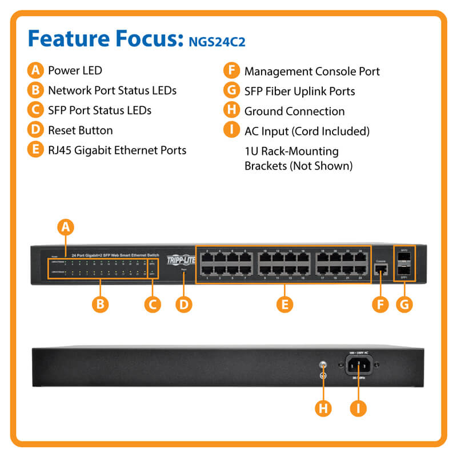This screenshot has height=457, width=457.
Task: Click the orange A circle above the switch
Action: pyautogui.click(x=66, y=227)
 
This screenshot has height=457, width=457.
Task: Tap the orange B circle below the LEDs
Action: pyautogui.click(x=101, y=304)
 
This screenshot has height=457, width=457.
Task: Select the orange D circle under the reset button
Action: pyautogui.click(x=183, y=304)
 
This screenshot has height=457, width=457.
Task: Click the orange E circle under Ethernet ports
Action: pyautogui.click(x=284, y=304)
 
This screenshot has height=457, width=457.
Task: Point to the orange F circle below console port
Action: pyautogui.click(x=380, y=304)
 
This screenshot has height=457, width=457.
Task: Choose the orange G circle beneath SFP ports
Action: pyautogui.click(x=404, y=304)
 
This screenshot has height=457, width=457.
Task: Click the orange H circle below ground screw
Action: pyautogui.click(x=323, y=408)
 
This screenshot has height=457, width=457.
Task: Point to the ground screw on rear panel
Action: pyautogui.click(x=323, y=364)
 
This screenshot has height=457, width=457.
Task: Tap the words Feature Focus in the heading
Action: pyautogui.click(x=103, y=39)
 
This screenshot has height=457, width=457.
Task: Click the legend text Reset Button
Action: pyautogui.click(x=80, y=130)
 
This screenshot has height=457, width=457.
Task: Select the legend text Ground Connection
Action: pyautogui.click(x=294, y=111)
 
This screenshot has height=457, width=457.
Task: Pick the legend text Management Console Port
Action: pyautogui.click(x=312, y=71)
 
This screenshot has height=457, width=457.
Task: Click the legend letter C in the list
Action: pyautogui.click(x=35, y=110)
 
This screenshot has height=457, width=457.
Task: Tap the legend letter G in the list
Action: pyautogui.click(x=231, y=91)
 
